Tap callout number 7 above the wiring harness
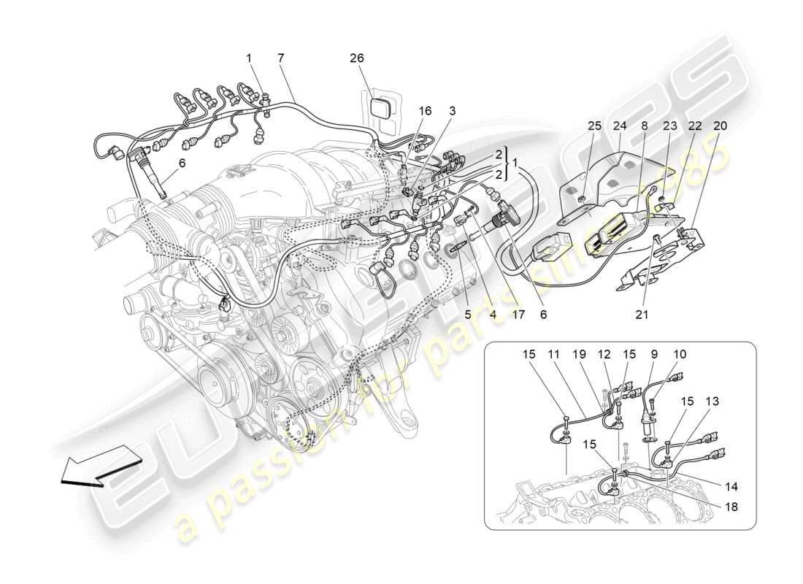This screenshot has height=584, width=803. point(280,58)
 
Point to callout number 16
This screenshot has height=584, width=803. point(425,111)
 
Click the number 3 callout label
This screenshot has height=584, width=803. point(453,111)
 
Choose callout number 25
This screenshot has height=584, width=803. point(594,126)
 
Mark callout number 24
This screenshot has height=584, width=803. point(619,126)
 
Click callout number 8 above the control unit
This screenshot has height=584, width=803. point(644,126)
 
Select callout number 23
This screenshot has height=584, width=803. point(669,126)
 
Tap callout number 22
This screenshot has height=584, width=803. point(694,126)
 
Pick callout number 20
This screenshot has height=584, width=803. point(720,126)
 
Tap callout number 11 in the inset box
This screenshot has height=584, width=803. point(554,354)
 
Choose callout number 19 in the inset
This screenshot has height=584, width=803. point(579,354)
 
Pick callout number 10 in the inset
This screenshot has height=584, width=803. point(680,354)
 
